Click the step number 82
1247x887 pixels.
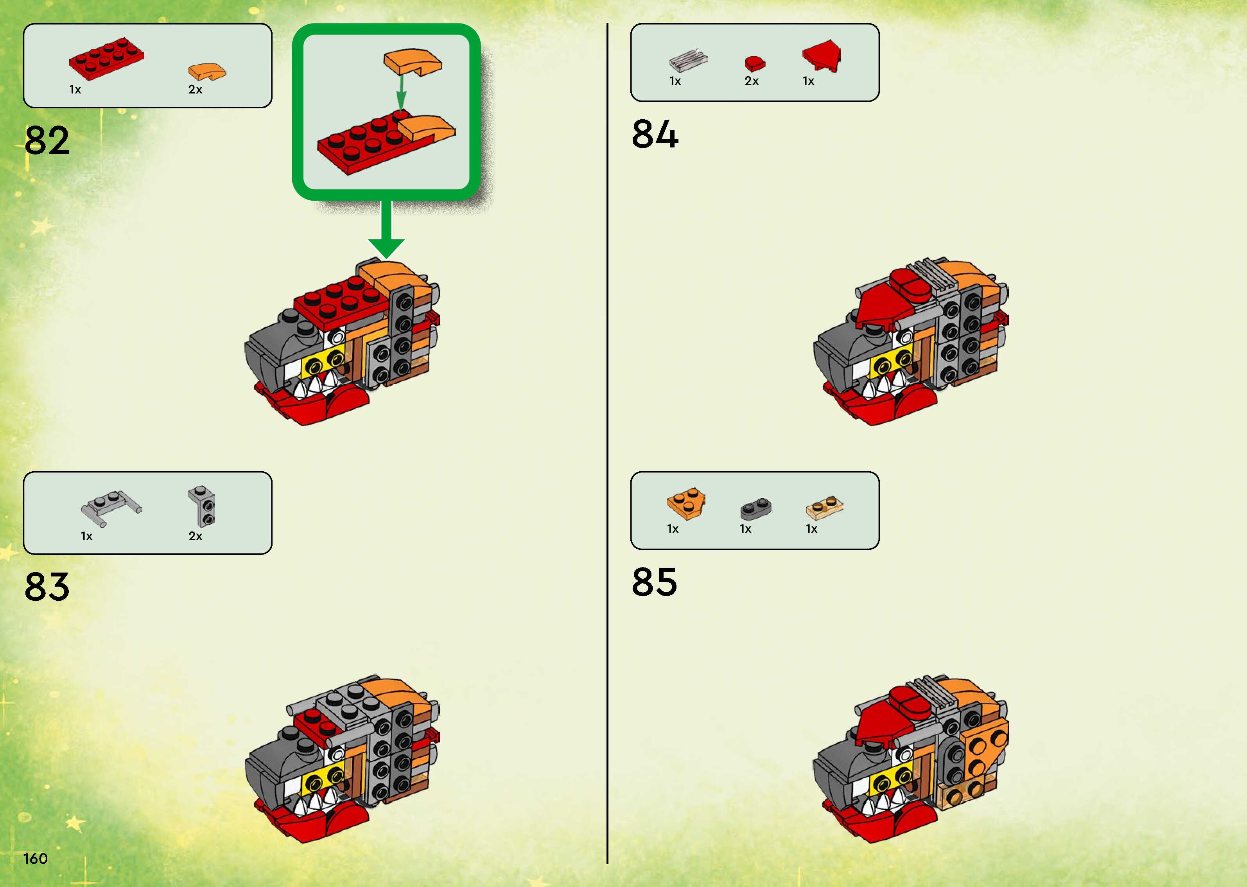(47, 140)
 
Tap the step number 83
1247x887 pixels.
(47, 587)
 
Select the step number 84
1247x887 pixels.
(655, 135)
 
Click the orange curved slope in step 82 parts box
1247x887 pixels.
(206, 72)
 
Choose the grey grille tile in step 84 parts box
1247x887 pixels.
(689, 60)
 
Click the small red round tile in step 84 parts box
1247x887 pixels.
(755, 63)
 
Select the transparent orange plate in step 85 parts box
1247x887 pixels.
(824, 507)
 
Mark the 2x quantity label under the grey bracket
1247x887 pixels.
(196, 536)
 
